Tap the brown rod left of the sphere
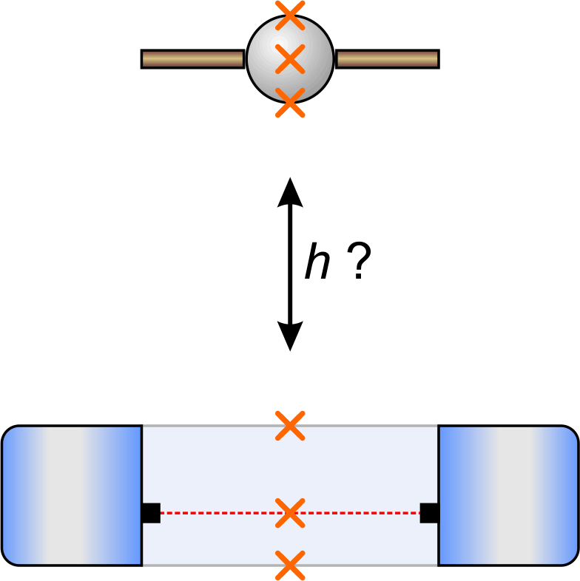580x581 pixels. [192, 59]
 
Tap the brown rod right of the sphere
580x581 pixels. [387, 59]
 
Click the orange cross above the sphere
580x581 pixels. [290, 15]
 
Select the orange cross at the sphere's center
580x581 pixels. [290, 59]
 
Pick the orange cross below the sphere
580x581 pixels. [290, 103]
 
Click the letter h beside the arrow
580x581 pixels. [317, 263]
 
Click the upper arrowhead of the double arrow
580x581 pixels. [290, 190]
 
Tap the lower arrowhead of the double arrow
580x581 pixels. [290, 338]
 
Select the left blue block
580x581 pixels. [72, 495]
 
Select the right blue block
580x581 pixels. [508, 495]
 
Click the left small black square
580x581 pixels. [150, 512]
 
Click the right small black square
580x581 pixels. [429, 512]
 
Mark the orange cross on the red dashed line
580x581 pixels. [290, 512]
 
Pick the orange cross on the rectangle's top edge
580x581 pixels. [290, 426]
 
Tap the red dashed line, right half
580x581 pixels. [362, 512]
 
